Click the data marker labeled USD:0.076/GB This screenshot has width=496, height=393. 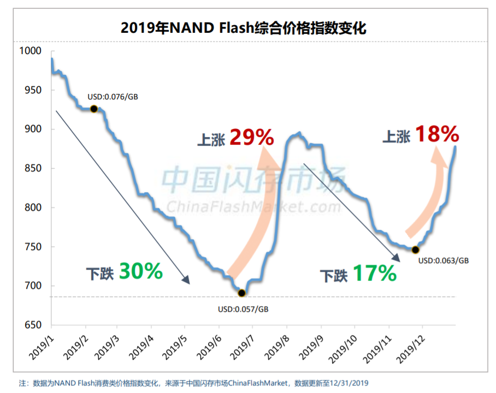[94, 109]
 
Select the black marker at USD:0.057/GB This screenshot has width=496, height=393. [242, 293]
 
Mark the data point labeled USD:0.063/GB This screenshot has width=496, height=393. [415, 249]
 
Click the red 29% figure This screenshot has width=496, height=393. [251, 137]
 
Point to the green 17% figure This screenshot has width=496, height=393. [374, 273]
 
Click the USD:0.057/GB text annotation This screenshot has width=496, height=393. [243, 309]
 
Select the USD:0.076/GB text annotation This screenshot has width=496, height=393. [113, 97]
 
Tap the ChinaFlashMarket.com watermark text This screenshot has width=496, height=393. [253, 207]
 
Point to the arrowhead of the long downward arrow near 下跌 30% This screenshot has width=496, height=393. [187, 281]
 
